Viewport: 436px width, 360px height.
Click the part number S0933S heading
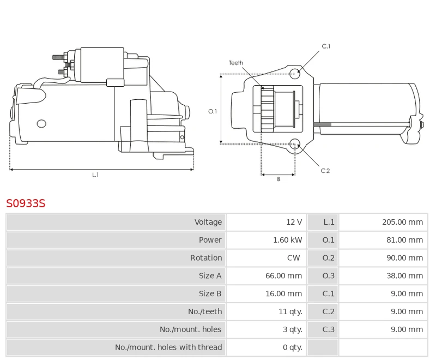coord(26,204)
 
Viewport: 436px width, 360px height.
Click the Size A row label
coord(210,276)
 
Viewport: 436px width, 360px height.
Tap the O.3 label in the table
coord(329,276)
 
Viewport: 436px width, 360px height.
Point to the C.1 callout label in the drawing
coord(326,46)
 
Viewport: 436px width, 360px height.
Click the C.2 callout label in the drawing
coord(325,171)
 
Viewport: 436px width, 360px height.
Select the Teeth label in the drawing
coord(236,63)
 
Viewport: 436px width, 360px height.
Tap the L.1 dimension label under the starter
coord(95,175)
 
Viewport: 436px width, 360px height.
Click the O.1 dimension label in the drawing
coord(213,111)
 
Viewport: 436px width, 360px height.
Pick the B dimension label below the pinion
coord(278,179)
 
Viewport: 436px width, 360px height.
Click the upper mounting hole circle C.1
coord(294,73)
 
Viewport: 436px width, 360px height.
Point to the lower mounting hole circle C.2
coord(295,144)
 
